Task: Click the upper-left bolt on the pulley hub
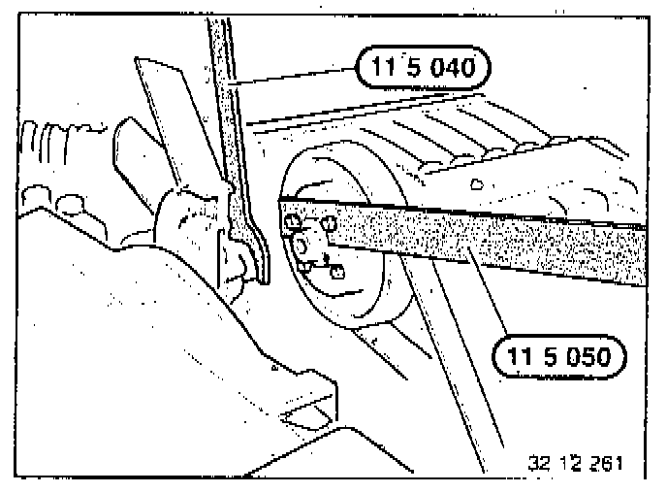click(x=290, y=223)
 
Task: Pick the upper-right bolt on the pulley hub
click(x=330, y=223)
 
